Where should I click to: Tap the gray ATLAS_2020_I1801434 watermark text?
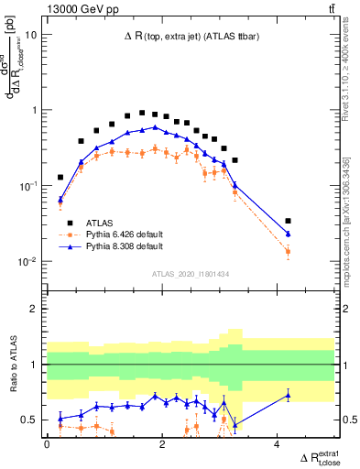(190, 274)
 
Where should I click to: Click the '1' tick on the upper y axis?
(36, 110)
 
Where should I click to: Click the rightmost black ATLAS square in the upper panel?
(289, 221)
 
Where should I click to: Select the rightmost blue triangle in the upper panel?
(289, 234)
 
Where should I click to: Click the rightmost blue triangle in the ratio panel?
(289, 395)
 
